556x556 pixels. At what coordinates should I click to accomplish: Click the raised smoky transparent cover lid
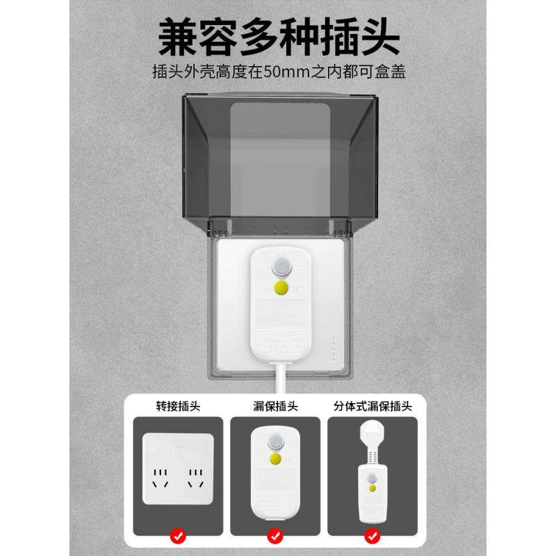point(281,160)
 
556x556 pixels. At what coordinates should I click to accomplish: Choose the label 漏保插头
point(276,406)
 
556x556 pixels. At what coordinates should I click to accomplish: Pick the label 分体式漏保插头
point(373,406)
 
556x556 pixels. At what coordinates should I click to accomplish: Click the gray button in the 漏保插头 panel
point(276,440)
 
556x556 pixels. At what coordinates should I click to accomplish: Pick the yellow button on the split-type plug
point(373,489)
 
